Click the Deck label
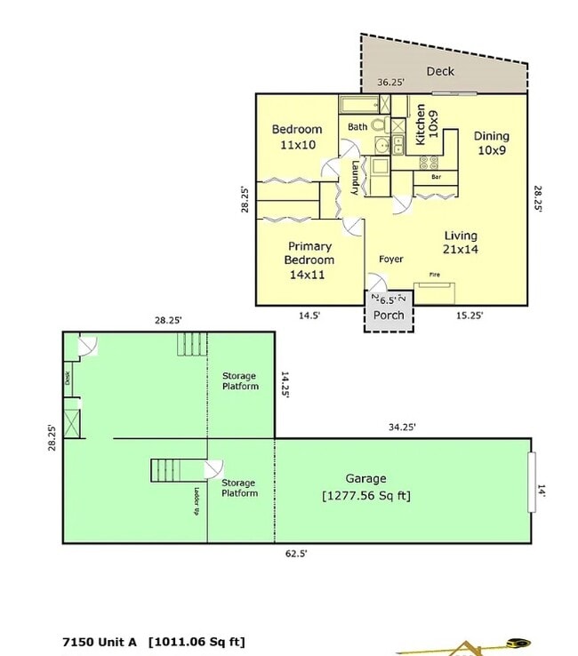point(439,71)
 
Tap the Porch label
point(389,315)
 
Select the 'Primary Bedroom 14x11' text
point(309,260)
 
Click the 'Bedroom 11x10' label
point(296,137)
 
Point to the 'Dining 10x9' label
point(491,143)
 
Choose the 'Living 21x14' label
point(461,243)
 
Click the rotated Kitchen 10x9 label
point(427,124)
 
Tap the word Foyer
point(391,260)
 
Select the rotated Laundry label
point(354,177)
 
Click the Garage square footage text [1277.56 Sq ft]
point(365,495)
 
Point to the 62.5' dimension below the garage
point(296,553)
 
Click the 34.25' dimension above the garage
point(401,427)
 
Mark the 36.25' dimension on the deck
point(390,83)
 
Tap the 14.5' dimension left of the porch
point(309,315)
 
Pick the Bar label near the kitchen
point(436,177)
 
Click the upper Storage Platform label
point(240,381)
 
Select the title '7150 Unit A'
point(100,641)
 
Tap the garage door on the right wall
point(532,482)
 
